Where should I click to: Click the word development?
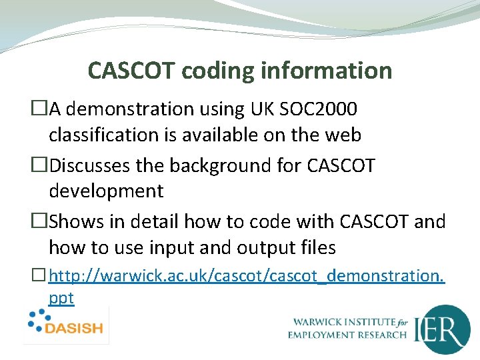(106, 191)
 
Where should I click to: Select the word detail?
(155, 221)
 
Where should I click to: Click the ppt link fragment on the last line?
(61, 298)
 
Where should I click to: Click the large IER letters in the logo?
(441, 329)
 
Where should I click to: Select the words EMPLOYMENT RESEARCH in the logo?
(347, 335)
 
